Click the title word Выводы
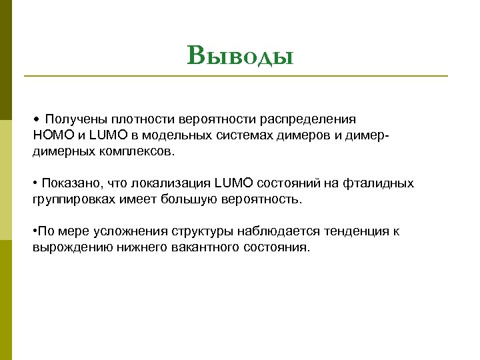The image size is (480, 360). [240, 55]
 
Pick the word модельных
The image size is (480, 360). [167, 135]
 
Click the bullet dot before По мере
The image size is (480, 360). [35, 231]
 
